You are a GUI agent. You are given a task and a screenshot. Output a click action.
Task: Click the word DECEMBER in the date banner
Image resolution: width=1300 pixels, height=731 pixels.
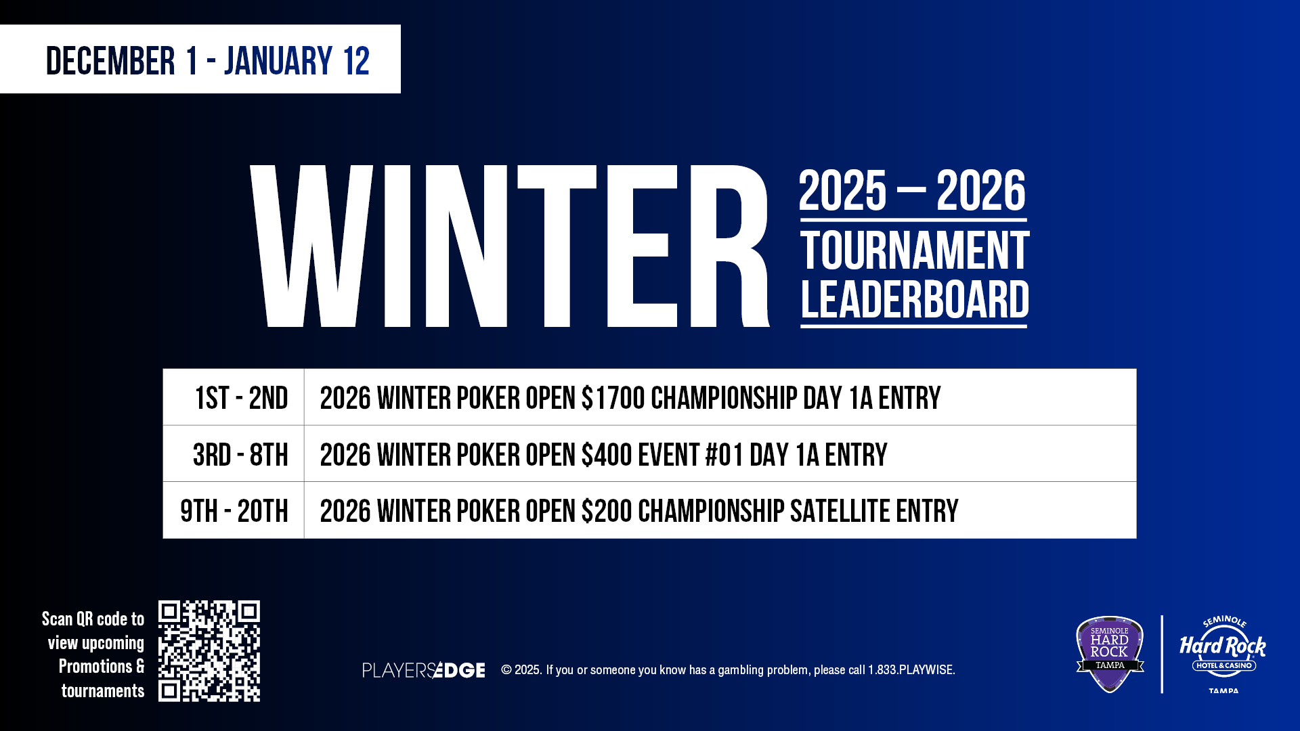coord(110,61)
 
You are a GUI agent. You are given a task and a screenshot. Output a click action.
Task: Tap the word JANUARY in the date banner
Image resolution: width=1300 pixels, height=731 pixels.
coord(278,61)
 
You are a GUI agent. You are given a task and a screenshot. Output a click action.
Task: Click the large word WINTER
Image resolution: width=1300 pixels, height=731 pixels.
coord(510,246)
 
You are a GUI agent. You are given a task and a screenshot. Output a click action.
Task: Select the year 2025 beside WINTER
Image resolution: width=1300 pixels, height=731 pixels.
coord(842,191)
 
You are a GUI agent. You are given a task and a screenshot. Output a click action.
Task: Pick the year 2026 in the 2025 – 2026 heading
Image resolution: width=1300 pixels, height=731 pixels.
coord(981,191)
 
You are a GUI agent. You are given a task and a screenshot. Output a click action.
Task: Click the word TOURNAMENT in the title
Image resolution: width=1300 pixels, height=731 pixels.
coord(915,251)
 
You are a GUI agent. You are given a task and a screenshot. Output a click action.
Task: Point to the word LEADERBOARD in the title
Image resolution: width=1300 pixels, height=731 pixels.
coord(915,300)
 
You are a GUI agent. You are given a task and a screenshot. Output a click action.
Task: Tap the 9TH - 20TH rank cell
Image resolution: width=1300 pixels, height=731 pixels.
coord(234,511)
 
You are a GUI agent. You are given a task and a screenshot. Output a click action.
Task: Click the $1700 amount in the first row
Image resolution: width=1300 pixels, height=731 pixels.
coord(613,398)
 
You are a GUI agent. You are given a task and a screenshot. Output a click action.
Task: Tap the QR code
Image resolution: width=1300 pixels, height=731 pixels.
coord(209,651)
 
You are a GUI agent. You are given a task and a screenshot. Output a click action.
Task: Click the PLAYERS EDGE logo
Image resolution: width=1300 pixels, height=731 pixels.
coord(424,670)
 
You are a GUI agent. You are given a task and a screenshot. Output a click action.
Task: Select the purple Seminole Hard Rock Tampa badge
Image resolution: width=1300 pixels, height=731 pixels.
coord(1110,654)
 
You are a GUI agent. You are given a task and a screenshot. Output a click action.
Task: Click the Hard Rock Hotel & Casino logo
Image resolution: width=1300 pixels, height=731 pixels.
coord(1223,654)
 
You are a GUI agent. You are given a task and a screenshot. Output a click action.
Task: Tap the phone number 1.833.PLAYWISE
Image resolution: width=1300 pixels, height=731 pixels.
coord(911,670)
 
